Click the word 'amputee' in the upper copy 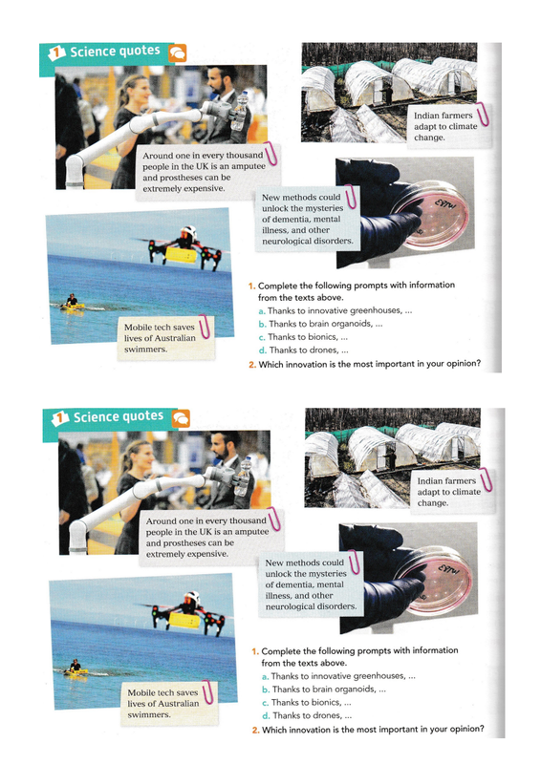[x=249, y=166]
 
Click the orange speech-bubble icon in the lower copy [x=181, y=418]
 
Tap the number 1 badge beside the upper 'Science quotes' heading [x=56, y=53]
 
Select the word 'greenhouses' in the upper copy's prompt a [x=376, y=310]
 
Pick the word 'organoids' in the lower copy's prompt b [x=357, y=689]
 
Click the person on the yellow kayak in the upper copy [x=72, y=301]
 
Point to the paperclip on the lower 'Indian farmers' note [x=486, y=480]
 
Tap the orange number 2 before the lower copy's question [x=255, y=730]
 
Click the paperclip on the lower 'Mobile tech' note [x=207, y=692]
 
